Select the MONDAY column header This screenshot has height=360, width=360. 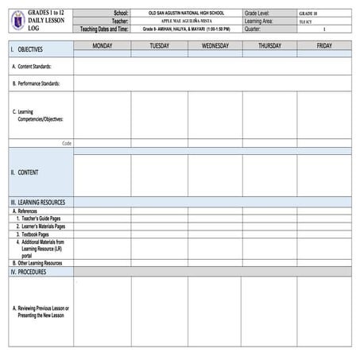(x=102, y=46)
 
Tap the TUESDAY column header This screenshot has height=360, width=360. (x=159, y=46)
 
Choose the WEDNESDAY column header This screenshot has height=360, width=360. (x=215, y=46)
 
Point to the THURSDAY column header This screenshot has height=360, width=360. (x=269, y=46)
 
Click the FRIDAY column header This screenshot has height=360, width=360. (x=324, y=46)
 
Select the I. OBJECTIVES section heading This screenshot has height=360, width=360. (x=27, y=49)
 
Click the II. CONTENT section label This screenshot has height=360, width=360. (x=25, y=172)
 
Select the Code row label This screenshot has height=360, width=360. (x=67, y=144)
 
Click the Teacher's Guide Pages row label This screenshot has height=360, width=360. (x=39, y=219)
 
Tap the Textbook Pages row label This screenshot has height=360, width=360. (x=33, y=234)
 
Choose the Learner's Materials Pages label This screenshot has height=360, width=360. (x=42, y=226)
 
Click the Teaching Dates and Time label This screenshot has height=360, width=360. (x=105, y=29)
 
